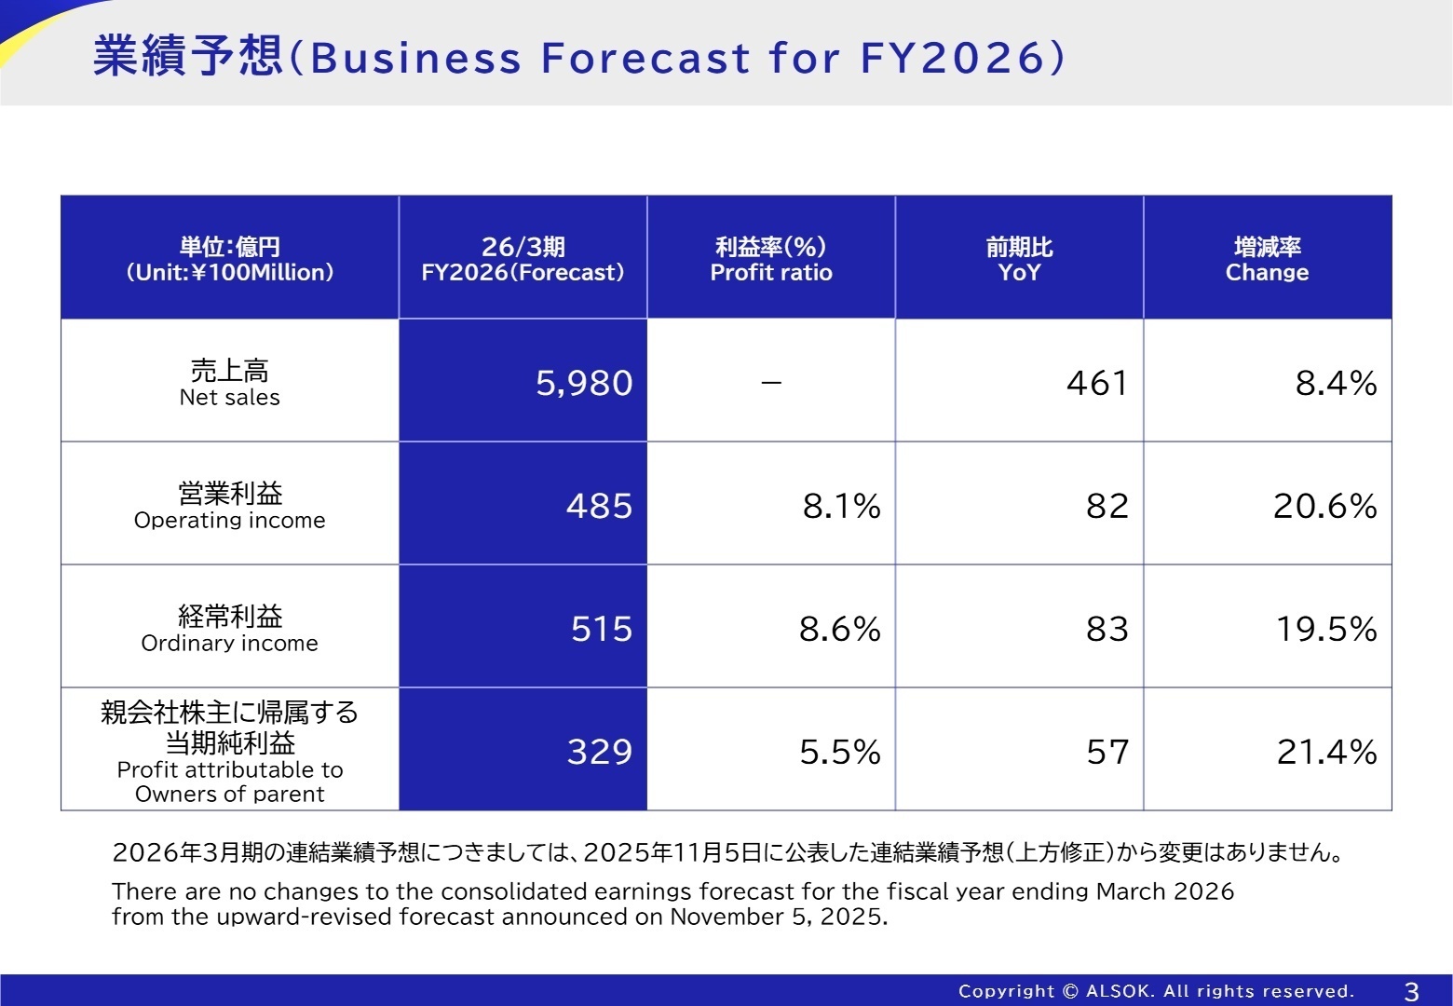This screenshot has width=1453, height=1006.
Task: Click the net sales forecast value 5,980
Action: click(584, 383)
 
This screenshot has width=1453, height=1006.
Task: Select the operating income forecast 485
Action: click(599, 506)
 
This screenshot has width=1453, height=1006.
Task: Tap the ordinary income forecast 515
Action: click(602, 629)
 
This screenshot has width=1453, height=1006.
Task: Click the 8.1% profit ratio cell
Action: click(841, 506)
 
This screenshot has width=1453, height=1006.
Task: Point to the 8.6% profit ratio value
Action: click(839, 629)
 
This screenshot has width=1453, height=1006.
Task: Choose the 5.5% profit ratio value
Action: click(839, 752)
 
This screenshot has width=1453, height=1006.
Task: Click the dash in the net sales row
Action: click(771, 383)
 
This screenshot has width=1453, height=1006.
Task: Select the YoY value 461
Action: click(1097, 383)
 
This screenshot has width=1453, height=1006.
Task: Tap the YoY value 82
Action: click(1107, 506)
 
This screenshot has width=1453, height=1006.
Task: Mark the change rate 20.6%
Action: click(1324, 506)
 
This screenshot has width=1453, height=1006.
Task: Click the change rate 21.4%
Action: click(1326, 752)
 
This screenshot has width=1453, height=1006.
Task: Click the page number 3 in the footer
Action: click(1411, 991)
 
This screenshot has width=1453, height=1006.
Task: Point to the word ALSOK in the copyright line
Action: click(1118, 991)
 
